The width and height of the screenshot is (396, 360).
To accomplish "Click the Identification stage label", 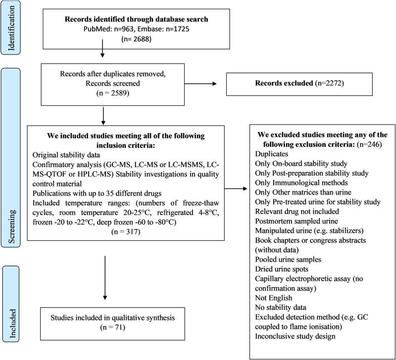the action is click(11, 28).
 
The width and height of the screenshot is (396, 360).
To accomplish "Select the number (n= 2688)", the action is click(137, 39).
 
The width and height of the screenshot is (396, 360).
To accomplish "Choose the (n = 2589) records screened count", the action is click(113, 93).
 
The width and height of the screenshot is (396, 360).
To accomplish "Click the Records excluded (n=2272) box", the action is click(299, 84).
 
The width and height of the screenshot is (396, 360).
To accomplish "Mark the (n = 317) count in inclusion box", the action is click(126, 231).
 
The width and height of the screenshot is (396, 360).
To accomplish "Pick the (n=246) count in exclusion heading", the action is click(369, 144).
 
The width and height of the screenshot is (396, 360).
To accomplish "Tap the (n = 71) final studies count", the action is click(113, 327).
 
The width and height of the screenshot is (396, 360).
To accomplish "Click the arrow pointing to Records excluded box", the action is click(200, 84).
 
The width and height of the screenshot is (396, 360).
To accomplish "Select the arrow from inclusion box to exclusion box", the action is click(236, 188).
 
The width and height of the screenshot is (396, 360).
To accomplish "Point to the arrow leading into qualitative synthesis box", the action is click(105, 278).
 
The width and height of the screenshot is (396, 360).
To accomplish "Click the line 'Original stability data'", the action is click(66, 155).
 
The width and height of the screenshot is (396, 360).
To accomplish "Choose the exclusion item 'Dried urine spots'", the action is click(282, 269).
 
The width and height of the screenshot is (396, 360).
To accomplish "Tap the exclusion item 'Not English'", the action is click(274, 298).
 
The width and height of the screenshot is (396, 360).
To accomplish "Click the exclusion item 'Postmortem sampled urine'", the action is click(297, 221).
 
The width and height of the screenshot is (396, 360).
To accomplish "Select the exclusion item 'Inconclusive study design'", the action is click(295, 336).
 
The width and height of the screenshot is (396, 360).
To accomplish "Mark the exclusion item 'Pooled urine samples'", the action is click(288, 259).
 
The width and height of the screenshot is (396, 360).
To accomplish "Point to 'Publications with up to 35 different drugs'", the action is click(97, 193).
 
